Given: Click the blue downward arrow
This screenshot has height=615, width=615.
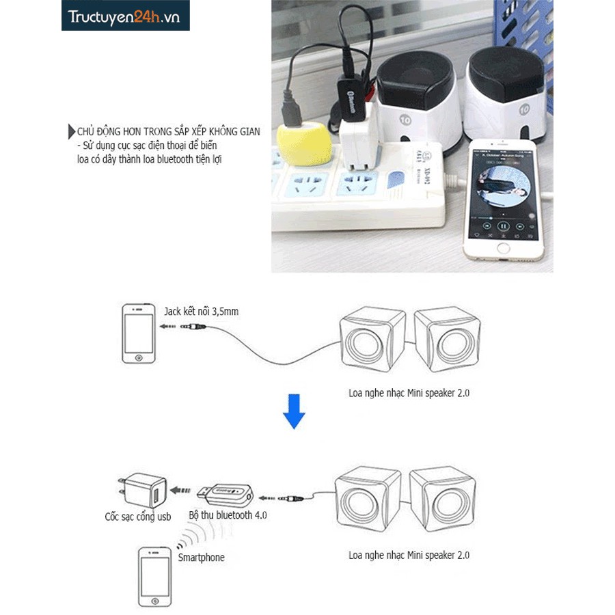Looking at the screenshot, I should click(x=294, y=411).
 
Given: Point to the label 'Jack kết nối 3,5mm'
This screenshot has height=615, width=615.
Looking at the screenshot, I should click(x=201, y=312).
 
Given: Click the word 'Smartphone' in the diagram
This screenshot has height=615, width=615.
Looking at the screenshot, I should click(x=201, y=558).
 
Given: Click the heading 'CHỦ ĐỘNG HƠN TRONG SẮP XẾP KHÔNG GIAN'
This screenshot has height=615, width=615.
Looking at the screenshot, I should click(x=168, y=131).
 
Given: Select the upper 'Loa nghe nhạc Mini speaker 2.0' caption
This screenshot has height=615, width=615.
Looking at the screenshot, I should click(x=409, y=393).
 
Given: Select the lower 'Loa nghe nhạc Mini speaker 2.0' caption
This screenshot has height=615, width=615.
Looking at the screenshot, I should click(x=409, y=555).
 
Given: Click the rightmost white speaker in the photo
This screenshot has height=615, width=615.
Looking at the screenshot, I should click(x=506, y=96).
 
